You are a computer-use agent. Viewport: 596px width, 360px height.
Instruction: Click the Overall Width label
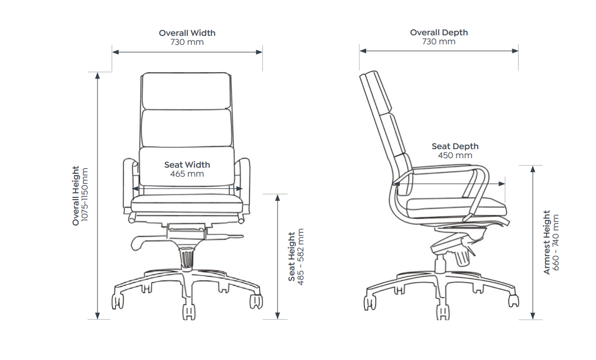point(187,33)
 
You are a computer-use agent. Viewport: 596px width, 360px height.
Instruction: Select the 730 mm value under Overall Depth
point(438,41)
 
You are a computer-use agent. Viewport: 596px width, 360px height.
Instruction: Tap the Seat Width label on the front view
point(187,165)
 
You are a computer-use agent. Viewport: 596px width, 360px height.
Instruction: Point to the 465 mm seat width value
point(187,174)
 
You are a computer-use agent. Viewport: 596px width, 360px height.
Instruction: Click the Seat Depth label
point(455,146)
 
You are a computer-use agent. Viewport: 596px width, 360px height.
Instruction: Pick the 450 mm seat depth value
point(455,155)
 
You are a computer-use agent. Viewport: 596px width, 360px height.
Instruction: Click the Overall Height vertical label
point(76,196)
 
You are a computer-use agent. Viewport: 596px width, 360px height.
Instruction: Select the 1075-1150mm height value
point(85,196)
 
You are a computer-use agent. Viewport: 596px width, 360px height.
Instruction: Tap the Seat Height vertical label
point(292,257)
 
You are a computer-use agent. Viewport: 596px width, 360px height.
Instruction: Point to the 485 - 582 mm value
point(301,257)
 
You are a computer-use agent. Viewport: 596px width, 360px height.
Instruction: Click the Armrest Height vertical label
point(547,242)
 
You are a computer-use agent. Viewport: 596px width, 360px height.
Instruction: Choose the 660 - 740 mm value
point(556,242)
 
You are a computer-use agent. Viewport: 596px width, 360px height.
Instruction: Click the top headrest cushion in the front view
point(186,91)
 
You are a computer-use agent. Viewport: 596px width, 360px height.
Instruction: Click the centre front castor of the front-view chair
point(187,312)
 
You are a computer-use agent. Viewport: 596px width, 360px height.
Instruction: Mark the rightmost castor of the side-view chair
point(513,301)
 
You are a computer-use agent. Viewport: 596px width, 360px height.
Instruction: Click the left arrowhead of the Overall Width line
point(114,52)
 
